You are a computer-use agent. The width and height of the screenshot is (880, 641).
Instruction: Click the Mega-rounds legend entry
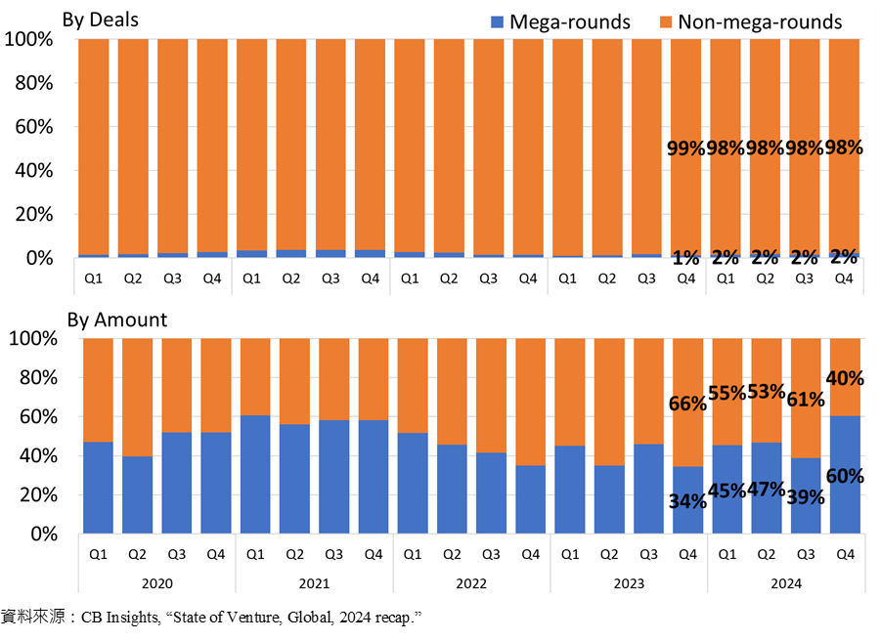point(560,21)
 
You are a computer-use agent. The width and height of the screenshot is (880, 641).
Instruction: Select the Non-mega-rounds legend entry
point(750,21)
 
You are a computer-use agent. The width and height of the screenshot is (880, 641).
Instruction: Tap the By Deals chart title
point(101,20)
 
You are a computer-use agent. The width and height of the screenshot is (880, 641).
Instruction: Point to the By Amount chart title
point(117,320)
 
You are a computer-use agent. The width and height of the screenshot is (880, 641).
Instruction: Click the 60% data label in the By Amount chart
point(845,476)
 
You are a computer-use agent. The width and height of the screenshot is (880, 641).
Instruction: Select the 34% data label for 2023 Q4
point(687,501)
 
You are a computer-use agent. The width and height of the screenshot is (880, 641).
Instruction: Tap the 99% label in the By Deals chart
point(685,149)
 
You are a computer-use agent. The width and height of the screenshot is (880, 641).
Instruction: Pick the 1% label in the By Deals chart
point(685,258)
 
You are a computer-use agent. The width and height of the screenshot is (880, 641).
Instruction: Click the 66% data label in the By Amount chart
point(687,404)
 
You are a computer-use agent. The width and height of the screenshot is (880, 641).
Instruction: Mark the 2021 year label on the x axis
point(314,583)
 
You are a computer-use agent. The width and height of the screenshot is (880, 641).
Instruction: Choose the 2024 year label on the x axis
point(786,583)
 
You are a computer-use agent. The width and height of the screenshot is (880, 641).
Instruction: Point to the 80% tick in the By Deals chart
point(34,83)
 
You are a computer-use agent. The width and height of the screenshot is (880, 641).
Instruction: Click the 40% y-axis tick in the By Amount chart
point(38,456)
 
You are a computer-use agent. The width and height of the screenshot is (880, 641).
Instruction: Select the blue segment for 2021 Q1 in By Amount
point(255,474)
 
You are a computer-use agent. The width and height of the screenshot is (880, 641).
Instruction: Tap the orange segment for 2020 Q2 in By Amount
point(138,397)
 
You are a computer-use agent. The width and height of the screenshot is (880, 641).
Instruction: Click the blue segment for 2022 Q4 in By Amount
point(530,499)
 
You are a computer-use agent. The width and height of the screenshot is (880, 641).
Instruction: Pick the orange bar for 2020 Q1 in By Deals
point(94,147)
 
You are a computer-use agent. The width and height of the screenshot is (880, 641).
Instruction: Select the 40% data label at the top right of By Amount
point(845,378)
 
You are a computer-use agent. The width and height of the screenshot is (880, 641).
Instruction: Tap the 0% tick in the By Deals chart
point(39,258)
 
